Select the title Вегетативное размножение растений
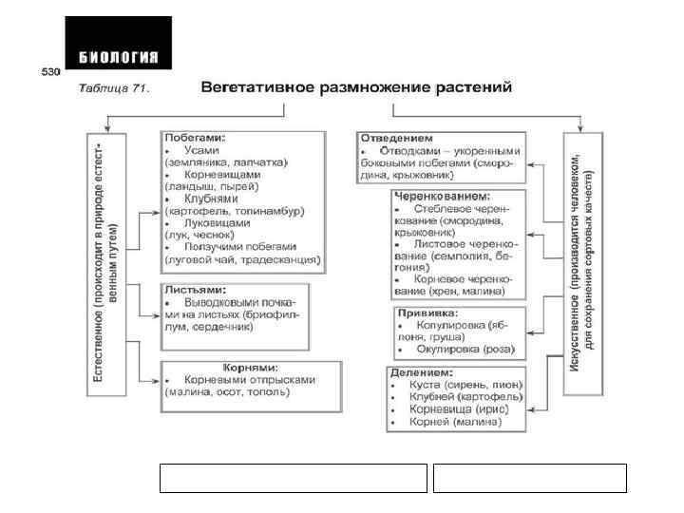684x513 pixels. (356, 87)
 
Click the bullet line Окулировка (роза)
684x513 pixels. (465, 349)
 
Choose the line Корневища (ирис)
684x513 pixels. (465, 408)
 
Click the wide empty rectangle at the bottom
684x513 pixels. (294, 478)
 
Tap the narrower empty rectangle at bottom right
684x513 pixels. (529, 478)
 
